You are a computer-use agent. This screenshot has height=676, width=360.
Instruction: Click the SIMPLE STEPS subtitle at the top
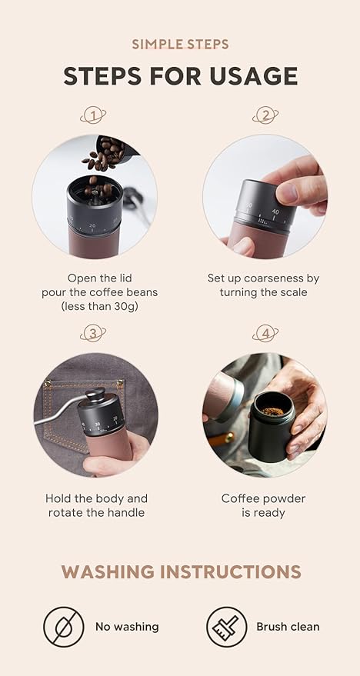pyautogui.click(x=180, y=44)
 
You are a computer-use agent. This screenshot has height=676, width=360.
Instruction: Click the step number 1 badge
pyautogui.click(x=93, y=116)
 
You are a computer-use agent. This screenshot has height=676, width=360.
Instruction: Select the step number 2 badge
pyautogui.click(x=265, y=116)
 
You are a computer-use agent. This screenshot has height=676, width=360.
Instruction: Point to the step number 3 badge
pyautogui.click(x=93, y=333)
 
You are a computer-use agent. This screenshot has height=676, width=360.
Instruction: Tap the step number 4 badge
pyautogui.click(x=265, y=333)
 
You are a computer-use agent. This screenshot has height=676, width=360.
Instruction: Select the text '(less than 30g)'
pyautogui.click(x=95, y=306)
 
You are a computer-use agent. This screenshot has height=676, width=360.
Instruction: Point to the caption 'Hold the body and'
pyautogui.click(x=96, y=498)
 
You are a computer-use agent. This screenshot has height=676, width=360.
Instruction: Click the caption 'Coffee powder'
pyautogui.click(x=264, y=498)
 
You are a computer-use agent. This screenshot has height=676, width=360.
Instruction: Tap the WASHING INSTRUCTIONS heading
pyautogui.click(x=181, y=571)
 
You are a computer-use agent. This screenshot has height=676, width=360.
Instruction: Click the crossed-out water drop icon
pyautogui.click(x=64, y=626)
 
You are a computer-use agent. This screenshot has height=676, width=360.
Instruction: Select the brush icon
pyautogui.click(x=227, y=626)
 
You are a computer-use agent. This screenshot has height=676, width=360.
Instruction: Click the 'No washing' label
pyautogui.click(x=127, y=627)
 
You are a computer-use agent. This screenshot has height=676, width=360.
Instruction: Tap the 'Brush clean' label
pyautogui.click(x=288, y=627)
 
